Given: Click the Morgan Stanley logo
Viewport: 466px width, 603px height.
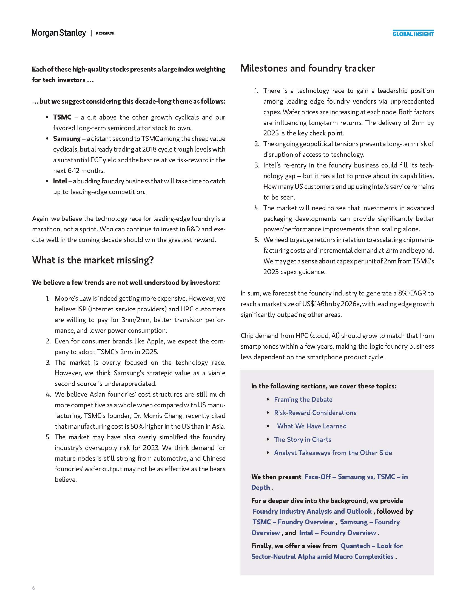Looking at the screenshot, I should [59, 33].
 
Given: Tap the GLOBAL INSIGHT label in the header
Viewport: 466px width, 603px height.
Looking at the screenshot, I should [413, 34].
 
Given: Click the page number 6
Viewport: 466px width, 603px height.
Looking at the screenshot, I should [34, 588].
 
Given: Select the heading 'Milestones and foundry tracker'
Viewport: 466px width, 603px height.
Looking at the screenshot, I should [308, 68].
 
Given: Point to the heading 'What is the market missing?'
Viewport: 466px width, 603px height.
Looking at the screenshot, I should [93, 260].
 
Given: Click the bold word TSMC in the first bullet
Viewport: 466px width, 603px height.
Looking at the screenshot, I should [62, 117].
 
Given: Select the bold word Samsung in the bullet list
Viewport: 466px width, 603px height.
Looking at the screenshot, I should [67, 138].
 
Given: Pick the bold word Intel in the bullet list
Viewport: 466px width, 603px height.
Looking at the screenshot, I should [60, 181].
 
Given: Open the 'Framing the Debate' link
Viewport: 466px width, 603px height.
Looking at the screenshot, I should [303, 399].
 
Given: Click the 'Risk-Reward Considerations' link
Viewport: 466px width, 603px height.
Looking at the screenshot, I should [315, 413].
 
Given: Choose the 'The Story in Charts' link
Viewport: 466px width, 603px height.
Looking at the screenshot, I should [303, 439].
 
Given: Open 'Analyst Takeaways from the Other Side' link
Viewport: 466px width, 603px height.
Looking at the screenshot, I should [333, 453].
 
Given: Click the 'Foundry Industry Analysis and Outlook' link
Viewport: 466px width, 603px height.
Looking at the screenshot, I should [312, 511].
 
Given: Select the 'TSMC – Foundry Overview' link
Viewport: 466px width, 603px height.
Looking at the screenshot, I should [293, 522].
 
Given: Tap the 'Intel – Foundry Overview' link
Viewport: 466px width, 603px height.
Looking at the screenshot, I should [337, 533].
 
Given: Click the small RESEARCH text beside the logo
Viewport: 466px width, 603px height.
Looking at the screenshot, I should [105, 33].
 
